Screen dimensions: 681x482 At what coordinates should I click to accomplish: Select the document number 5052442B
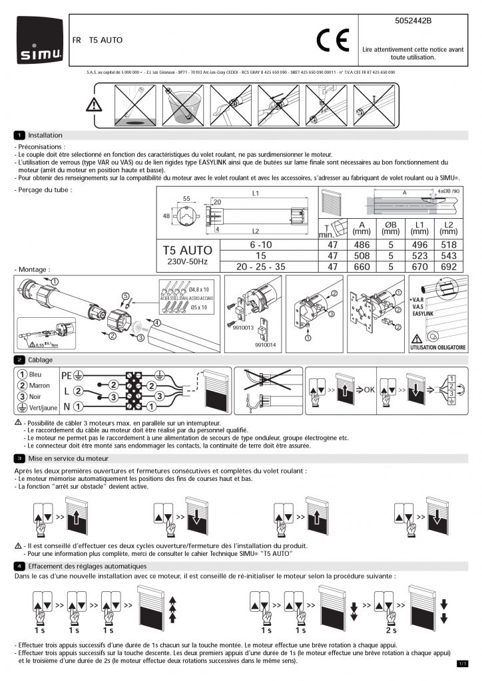pyautogui.click(x=413, y=21)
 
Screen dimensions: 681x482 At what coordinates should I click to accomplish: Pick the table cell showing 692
pyautogui.click(x=450, y=266)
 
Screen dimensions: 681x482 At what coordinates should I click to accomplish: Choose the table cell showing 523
pyautogui.click(x=420, y=255)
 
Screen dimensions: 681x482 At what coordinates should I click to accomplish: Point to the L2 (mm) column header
pyautogui.click(x=449, y=227)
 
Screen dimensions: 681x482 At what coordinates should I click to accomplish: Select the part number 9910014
pyautogui.click(x=265, y=345)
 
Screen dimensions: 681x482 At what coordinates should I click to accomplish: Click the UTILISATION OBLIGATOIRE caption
pyautogui.click(x=439, y=347)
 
